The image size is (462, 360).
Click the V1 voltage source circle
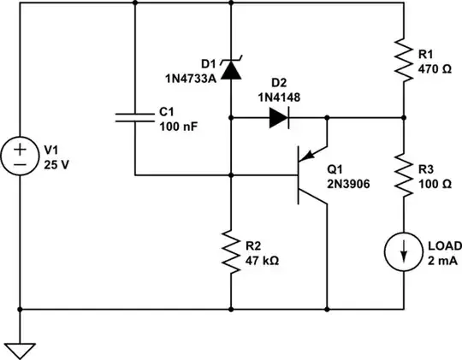pos(20,155)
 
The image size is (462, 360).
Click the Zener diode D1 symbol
pos(230,70)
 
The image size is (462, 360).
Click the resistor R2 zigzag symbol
pos(230,251)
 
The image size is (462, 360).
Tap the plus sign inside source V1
pos(20,146)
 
